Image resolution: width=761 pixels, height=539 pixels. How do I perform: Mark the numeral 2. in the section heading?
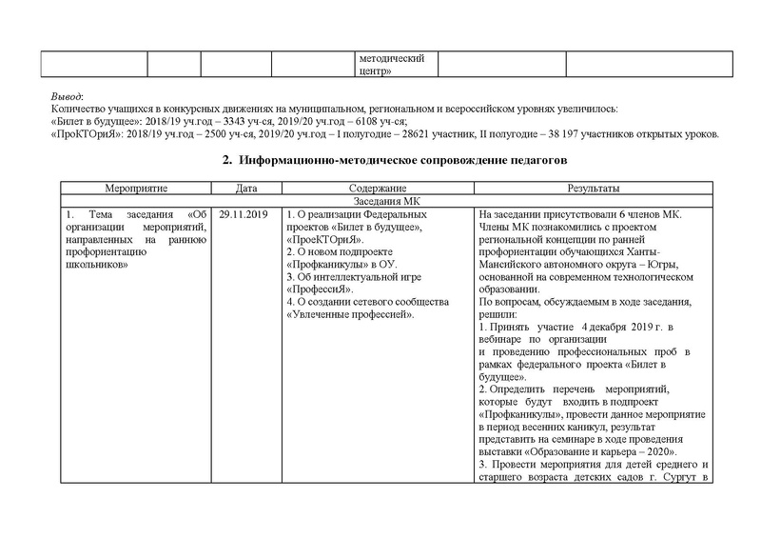coord(227,161)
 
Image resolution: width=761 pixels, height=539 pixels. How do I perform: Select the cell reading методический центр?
coord(390,63)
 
